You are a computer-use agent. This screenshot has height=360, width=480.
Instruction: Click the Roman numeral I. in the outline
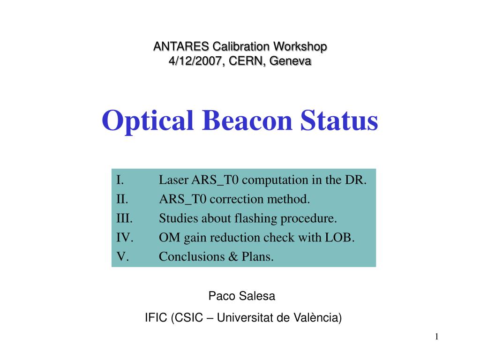pyautogui.click(x=120, y=180)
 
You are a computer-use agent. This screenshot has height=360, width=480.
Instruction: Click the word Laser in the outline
pyautogui.click(x=173, y=180)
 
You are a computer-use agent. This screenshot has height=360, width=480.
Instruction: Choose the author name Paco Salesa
pyautogui.click(x=242, y=296)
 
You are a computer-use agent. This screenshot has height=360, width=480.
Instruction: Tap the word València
pyautogui.click(x=322, y=318)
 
